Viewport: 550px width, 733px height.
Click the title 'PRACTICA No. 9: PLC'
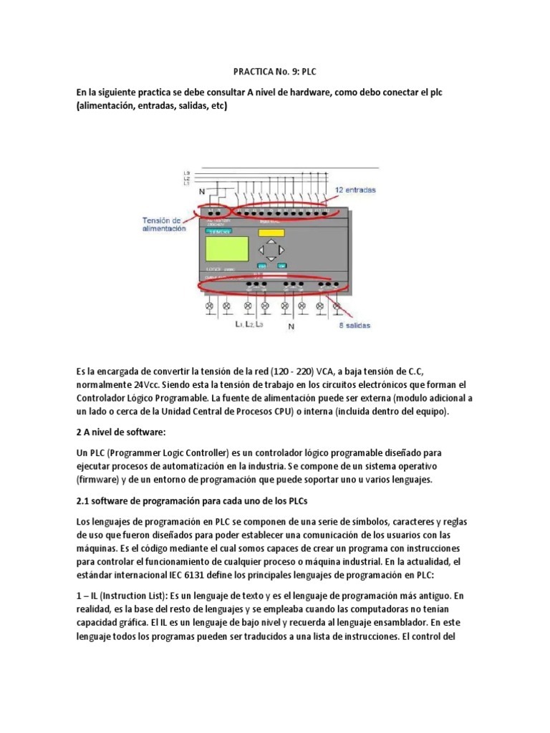click(274, 72)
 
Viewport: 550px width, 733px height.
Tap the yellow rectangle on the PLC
click(271, 233)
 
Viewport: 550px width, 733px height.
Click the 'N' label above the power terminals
click(201, 192)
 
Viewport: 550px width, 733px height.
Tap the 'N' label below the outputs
click(291, 326)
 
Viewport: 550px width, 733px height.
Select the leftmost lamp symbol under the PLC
click(210, 306)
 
